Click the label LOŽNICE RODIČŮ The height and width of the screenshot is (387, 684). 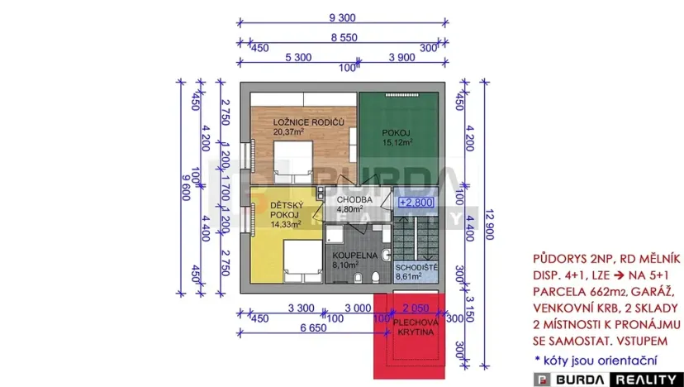coord(309,122)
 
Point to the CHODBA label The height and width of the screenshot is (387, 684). coord(355,199)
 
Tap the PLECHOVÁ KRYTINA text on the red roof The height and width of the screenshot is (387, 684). coord(410,325)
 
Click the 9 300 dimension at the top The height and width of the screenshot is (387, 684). coord(342,17)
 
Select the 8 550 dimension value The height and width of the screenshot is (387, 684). coord(344,37)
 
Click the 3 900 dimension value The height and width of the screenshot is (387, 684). coord(401,57)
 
